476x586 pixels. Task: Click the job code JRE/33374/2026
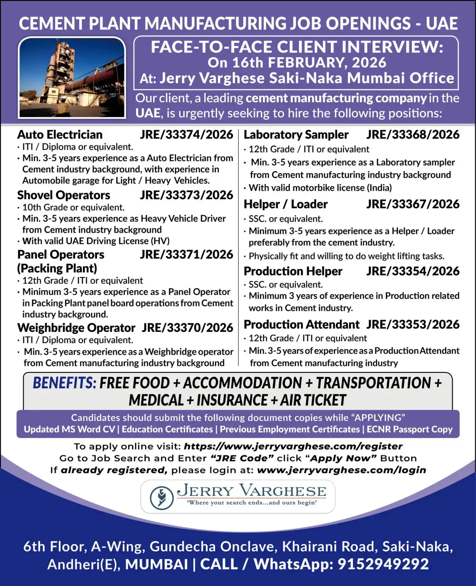[186, 135]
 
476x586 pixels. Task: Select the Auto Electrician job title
[60, 135]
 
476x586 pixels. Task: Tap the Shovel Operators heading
[64, 195]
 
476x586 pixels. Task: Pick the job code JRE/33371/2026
[186, 254]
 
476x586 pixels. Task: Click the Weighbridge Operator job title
[76, 328]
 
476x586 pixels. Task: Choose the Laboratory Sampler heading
[296, 135]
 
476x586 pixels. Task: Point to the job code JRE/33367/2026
[413, 204]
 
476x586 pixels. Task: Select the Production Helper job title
[293, 271]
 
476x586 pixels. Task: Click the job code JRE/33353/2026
[413, 324]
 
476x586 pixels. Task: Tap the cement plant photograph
[72, 78]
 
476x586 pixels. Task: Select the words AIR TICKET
[313, 400]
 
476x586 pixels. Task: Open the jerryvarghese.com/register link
[293, 446]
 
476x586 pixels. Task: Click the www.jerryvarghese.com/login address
[342, 470]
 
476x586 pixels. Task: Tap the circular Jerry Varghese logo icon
[161, 497]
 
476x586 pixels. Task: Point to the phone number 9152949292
[383, 564]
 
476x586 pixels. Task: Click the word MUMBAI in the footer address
[156, 564]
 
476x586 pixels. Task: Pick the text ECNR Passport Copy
[409, 429]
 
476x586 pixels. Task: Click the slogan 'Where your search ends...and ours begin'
[252, 503]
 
